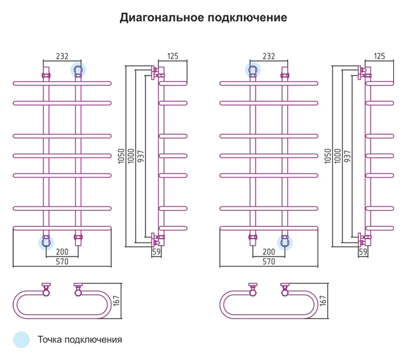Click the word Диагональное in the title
pos(162,18)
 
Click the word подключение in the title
pos(247,18)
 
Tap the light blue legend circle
pos(22,340)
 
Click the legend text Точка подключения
pos(80,340)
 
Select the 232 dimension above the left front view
pos(62,56)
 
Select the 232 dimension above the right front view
pos(269,56)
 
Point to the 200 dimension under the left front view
pos(62,251)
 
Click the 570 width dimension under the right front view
pos(269,262)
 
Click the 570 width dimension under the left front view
pos(62,262)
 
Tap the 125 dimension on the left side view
pos(173,56)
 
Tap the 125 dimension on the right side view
pos(379,56)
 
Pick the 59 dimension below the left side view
pos(156,251)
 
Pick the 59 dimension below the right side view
pos(363,251)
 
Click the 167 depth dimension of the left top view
pos(116,300)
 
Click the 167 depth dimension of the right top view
pos(323,300)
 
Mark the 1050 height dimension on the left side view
pos(121,156)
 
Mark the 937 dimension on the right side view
pos(348,156)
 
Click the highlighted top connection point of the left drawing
pos(78,70)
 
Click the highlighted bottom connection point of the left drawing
pos(46,243)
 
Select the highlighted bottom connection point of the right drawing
pos(285,243)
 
